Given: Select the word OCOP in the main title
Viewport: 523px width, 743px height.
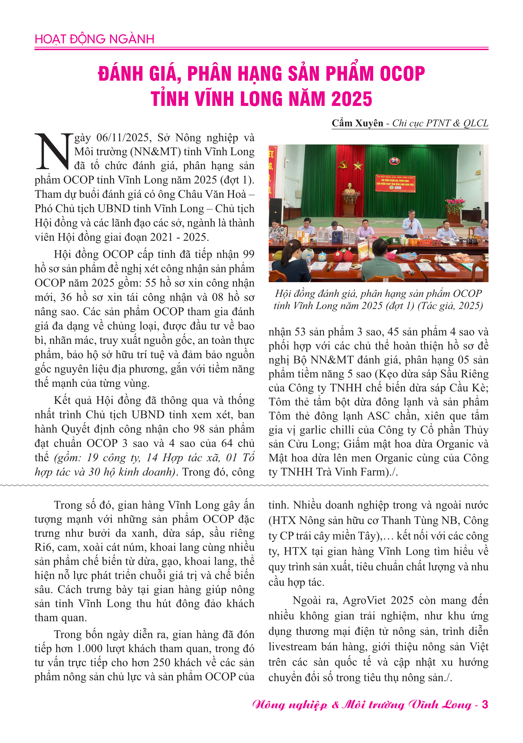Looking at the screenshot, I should (x=402, y=74).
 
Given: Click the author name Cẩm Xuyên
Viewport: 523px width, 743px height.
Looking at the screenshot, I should (x=357, y=123).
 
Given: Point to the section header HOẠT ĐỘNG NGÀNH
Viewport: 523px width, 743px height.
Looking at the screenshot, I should (x=94, y=39).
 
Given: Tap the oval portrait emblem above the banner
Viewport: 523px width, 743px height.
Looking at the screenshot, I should (x=394, y=161).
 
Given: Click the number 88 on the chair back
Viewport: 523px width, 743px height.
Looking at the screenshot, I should (x=385, y=280).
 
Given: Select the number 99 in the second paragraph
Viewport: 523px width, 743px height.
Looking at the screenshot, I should (x=248, y=254).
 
